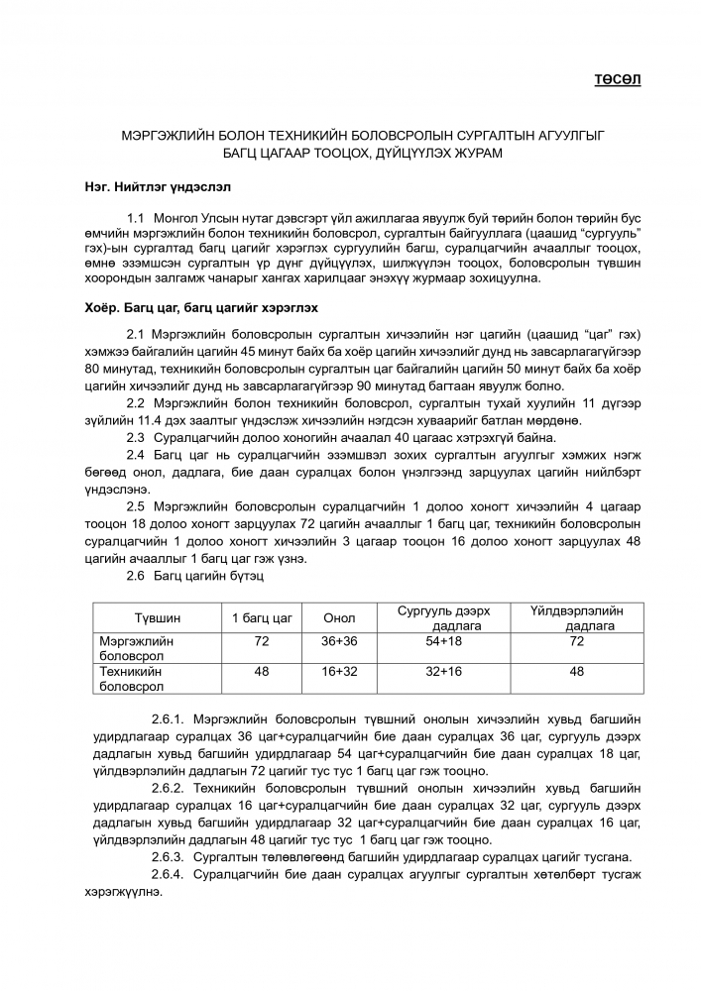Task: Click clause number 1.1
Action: coord(137,216)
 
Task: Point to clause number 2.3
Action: coord(137,438)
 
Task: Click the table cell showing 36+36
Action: coord(339,642)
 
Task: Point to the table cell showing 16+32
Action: coord(339,672)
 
